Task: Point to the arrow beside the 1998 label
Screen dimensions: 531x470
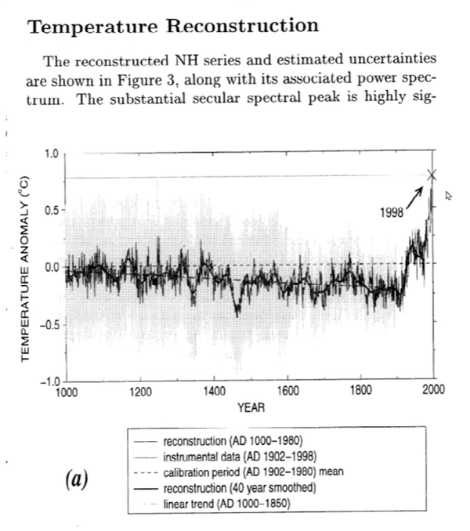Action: [x=416, y=192]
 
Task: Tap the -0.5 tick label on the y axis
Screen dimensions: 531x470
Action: [x=46, y=323]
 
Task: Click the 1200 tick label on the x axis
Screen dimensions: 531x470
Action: [x=140, y=392]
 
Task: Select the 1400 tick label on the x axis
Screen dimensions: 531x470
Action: [x=214, y=392]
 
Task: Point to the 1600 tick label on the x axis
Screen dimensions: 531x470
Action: [x=287, y=392]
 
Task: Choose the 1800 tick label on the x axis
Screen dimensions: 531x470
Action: [x=360, y=392]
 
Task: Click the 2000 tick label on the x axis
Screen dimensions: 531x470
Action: [x=434, y=392]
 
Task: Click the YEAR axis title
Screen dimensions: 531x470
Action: [x=251, y=407]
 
